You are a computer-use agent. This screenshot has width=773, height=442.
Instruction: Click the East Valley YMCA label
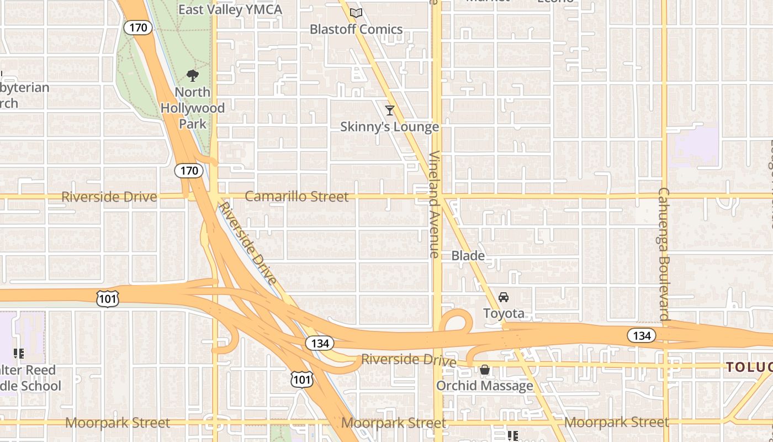click(x=230, y=10)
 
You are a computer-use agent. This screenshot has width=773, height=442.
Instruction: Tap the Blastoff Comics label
click(x=356, y=29)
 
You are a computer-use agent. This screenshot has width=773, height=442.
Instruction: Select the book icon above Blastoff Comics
click(x=356, y=13)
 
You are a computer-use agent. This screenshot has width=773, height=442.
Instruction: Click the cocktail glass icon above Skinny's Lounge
click(x=390, y=110)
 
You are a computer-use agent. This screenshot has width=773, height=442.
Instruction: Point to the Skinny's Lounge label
click(x=389, y=127)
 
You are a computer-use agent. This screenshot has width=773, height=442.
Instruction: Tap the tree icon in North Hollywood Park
click(x=193, y=76)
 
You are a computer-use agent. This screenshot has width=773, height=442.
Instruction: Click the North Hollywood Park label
click(x=193, y=108)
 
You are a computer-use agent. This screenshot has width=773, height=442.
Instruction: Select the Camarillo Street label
click(x=297, y=197)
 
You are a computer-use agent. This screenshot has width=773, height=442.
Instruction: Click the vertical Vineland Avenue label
click(x=435, y=204)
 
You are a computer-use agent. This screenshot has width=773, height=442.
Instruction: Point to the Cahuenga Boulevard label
click(x=664, y=254)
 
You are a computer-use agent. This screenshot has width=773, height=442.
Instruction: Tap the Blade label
click(x=468, y=256)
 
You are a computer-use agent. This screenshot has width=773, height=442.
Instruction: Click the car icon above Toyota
click(x=504, y=297)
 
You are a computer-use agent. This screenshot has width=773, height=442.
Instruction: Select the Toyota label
click(x=504, y=314)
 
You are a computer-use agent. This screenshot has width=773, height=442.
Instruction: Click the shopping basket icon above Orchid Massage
click(x=485, y=369)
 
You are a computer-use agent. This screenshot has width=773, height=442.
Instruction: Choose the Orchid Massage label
click(x=485, y=386)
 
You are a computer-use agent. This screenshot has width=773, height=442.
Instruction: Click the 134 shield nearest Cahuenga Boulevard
click(x=642, y=335)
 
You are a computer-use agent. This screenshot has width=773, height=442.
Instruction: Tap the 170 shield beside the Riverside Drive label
click(x=189, y=171)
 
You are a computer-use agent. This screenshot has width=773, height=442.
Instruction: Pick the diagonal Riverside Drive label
click(x=248, y=244)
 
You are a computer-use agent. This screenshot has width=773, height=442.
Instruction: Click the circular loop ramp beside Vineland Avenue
click(x=456, y=321)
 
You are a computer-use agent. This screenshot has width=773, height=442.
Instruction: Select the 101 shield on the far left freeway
click(x=106, y=299)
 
